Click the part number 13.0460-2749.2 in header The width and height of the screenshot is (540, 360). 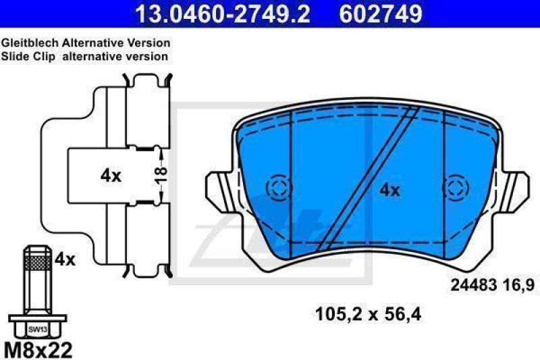click(x=222, y=14)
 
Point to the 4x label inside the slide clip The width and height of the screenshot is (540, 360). click(x=110, y=176)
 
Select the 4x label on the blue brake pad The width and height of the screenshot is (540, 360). click(x=389, y=190)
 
